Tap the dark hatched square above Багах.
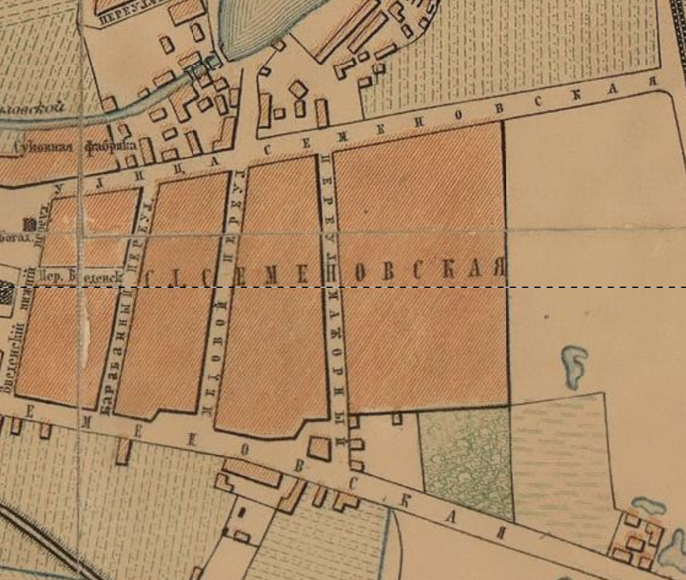click(x=29, y=224)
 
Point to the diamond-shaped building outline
click(x=298, y=89)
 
